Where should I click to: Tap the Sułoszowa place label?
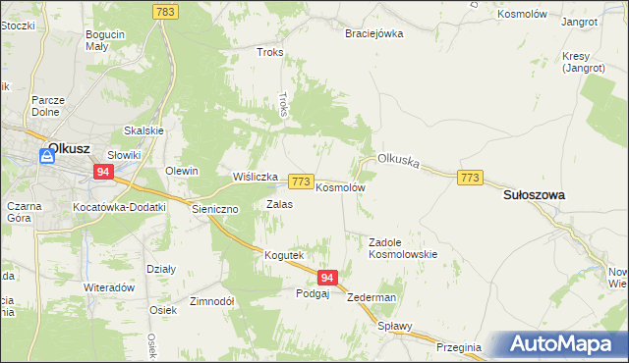point(534,195)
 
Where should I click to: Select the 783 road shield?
point(165,11)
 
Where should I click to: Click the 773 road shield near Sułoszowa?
point(470,177)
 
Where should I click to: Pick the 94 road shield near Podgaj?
point(328,279)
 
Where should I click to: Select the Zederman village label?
point(372,297)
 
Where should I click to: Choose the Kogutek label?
point(283,255)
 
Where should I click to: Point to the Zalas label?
point(279,204)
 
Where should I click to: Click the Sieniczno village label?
point(215,209)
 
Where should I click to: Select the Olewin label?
point(182,171)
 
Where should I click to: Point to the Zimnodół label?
point(211,302)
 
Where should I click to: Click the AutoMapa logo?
point(562,344)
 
